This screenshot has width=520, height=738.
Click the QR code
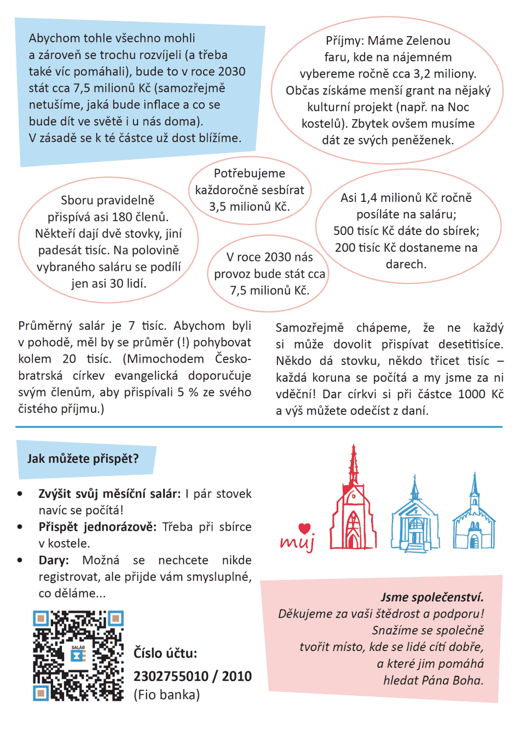pyautogui.click(x=78, y=655)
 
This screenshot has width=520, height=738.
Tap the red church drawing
pyautogui.click(x=354, y=506)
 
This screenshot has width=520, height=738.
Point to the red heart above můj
pyautogui.click(x=305, y=528)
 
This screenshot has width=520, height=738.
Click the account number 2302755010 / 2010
pyautogui.click(x=193, y=676)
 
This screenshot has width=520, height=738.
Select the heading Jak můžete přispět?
pyautogui.click(x=83, y=458)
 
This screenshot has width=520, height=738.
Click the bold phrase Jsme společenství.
pyautogui.click(x=432, y=597)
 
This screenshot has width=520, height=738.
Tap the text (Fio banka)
pyautogui.click(x=167, y=695)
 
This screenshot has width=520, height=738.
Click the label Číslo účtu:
pyautogui.click(x=165, y=653)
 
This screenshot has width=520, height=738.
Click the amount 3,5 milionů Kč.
pyautogui.click(x=250, y=207)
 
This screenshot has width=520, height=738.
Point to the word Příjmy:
pyautogui.click(x=345, y=40)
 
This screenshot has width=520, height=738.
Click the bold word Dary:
pyautogui.click(x=54, y=560)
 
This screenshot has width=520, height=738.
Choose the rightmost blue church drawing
pyautogui.click(x=474, y=517)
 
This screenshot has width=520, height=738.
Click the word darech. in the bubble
pyautogui.click(x=406, y=264)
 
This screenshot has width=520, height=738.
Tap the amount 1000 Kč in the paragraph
pyautogui.click(x=481, y=394)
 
